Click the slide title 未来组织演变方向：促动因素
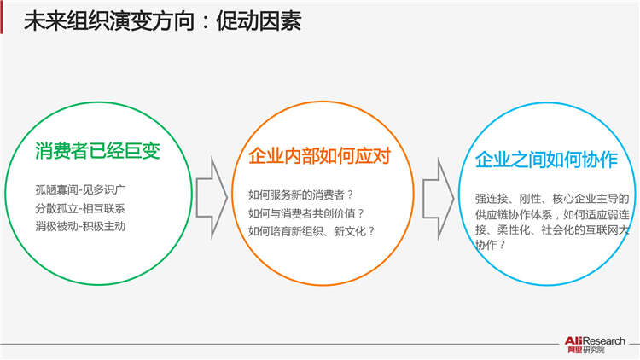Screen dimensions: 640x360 tap(162, 20)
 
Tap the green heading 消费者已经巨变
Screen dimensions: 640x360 tap(97, 151)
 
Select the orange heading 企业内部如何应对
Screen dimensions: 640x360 tap(320, 156)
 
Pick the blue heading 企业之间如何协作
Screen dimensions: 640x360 tap(546, 160)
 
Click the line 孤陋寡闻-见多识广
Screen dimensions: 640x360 tap(80, 189)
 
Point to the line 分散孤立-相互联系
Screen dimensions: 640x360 tap(80, 208)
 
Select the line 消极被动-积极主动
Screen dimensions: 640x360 tap(80, 227)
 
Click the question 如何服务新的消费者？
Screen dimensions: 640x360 tap(300, 195)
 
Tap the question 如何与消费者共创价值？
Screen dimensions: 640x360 tap(305, 213)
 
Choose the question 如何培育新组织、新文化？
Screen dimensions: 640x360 tap(311, 231)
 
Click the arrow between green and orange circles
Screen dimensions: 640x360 tap(212, 198)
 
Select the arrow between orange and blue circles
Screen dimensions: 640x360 tap(439, 199)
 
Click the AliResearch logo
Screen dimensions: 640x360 tap(595, 345)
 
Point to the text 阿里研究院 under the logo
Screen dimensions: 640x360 tap(585, 351)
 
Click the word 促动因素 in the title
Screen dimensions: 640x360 tap(259, 20)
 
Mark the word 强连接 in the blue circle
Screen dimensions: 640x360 tap(492, 199)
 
